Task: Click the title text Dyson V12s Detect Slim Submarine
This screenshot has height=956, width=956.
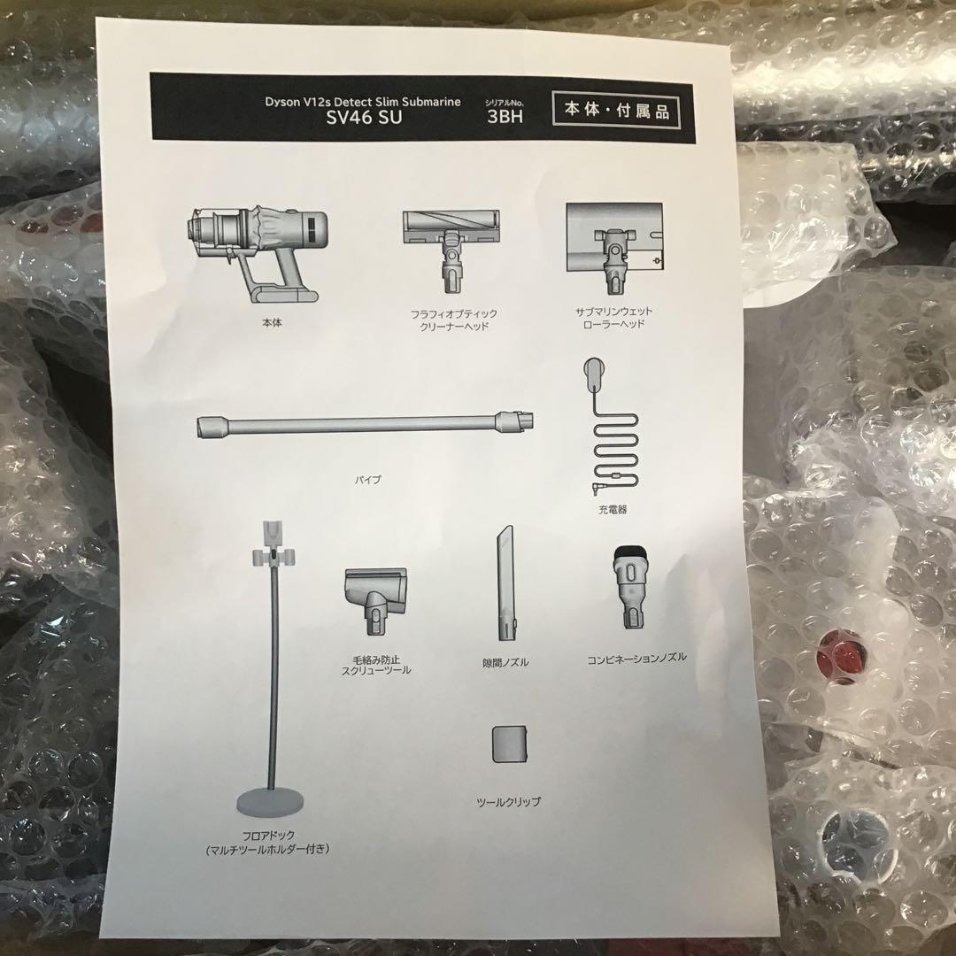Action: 363,102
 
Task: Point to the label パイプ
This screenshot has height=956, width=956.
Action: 369,480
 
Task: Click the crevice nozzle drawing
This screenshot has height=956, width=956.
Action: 505,582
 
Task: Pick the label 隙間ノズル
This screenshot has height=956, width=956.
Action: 506,661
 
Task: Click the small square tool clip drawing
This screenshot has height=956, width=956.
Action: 509,744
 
